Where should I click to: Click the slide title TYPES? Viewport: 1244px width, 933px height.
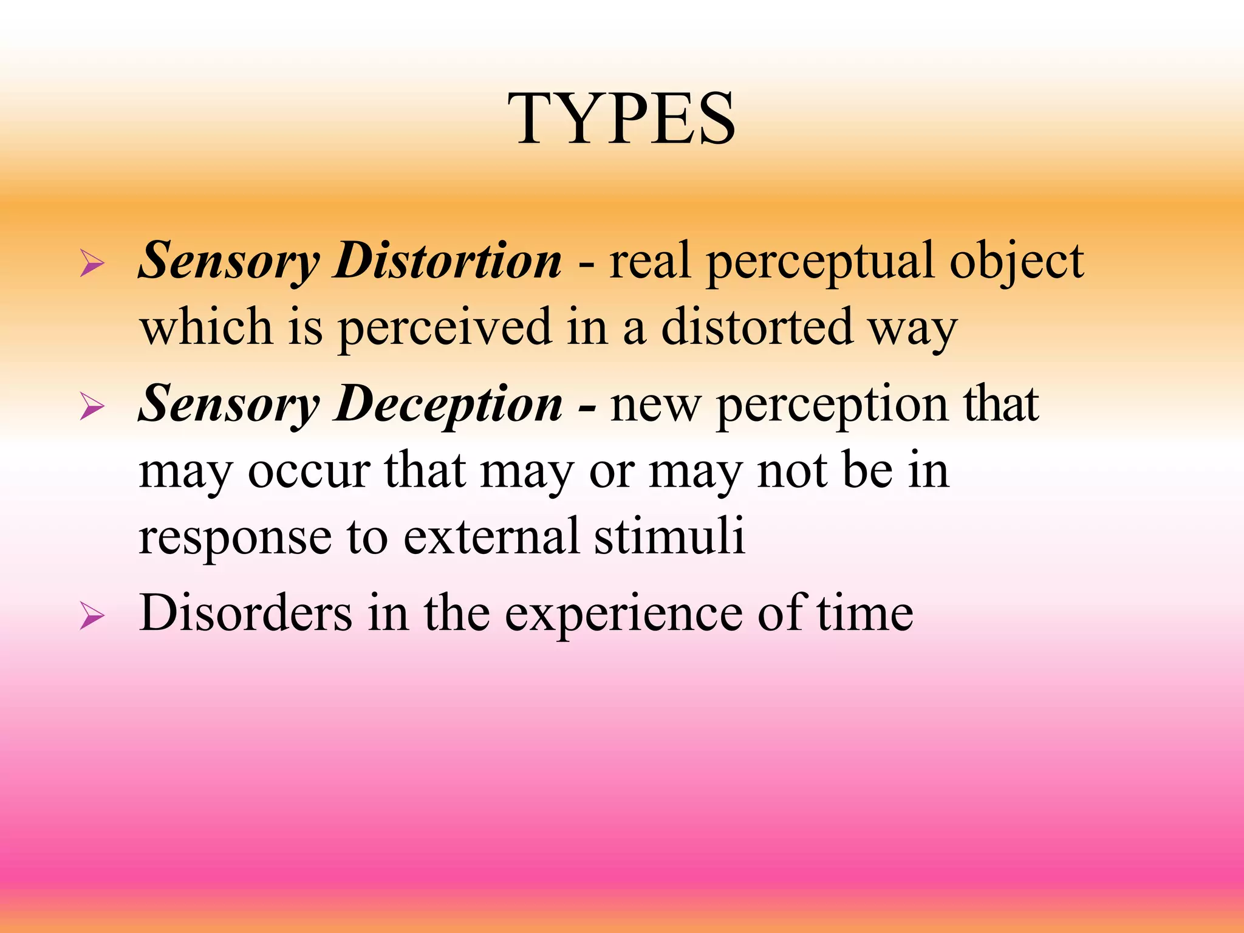(x=621, y=118)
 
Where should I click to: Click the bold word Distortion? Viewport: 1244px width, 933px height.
(x=448, y=260)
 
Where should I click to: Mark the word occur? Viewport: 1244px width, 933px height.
(x=309, y=471)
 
